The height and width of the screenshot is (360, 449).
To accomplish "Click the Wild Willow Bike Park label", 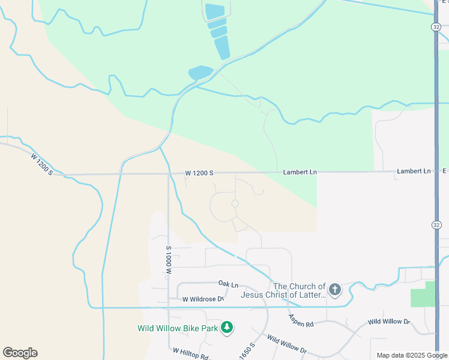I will coord(177,328).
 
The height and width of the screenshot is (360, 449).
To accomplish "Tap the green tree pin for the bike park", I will coord(226,328).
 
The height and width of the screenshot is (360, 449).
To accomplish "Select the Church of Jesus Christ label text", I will coord(283,290).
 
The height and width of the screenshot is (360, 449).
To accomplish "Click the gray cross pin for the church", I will coord(335,290).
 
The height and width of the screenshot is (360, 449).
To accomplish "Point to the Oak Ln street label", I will coord(228,284).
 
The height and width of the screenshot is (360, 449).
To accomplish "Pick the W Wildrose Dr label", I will coord(203,299).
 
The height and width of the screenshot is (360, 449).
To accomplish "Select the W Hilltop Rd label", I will coord(190,353).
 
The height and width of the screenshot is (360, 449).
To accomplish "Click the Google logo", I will coord(20,353).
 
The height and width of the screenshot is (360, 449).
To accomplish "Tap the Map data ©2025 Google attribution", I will coord(412,355).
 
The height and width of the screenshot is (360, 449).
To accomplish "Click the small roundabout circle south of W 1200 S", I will coord(235,204).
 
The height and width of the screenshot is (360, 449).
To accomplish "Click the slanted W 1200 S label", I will coord(42,164).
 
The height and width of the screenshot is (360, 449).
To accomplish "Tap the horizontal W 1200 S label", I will coord(199,173).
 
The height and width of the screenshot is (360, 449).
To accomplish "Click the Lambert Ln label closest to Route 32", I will coord(414,172).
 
